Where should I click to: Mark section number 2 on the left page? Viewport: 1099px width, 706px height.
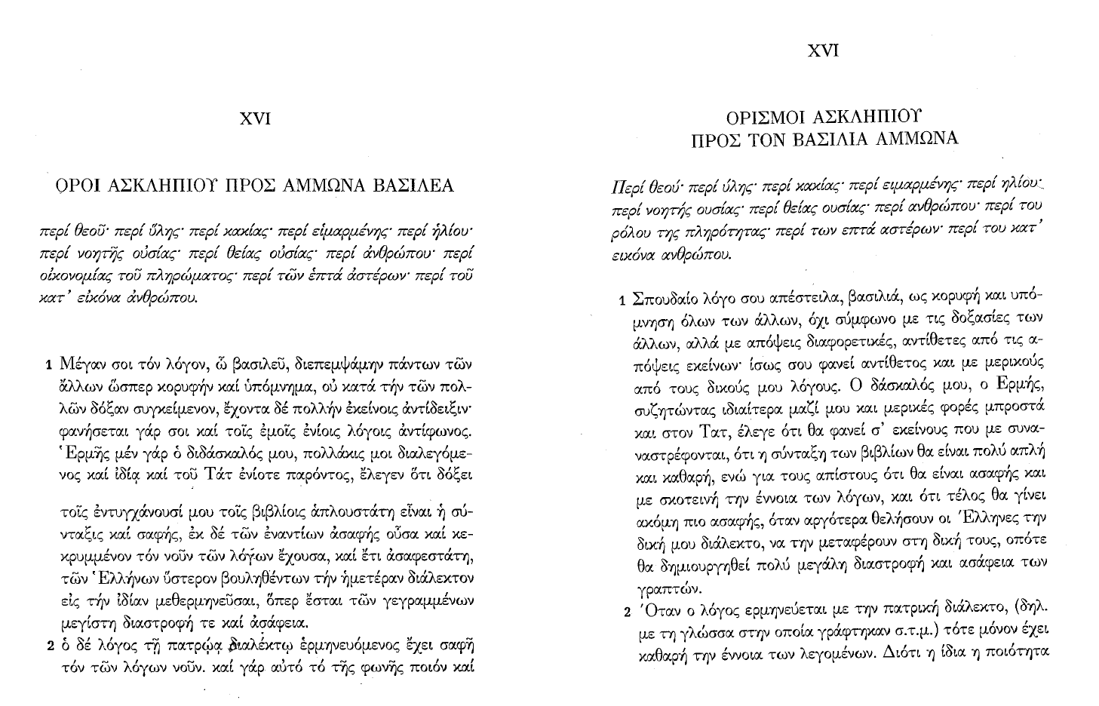[50, 646]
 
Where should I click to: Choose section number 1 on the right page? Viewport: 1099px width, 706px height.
[622, 302]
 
